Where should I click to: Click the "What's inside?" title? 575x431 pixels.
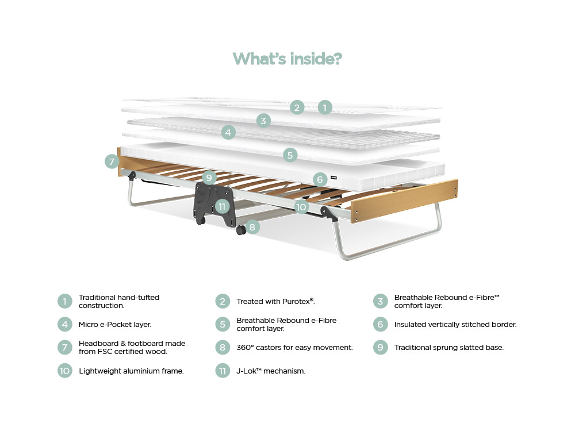(x=287, y=59)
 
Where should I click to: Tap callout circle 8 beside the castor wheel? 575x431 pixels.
(x=252, y=227)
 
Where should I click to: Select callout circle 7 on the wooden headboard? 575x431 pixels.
(x=112, y=161)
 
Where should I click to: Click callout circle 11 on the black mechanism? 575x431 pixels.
(x=223, y=205)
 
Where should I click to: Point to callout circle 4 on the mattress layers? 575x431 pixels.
(x=228, y=133)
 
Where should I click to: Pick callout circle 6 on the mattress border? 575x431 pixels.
(x=320, y=179)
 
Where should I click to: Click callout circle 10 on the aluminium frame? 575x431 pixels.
(x=301, y=207)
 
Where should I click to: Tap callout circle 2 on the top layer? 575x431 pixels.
(x=297, y=107)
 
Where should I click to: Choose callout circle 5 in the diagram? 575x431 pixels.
(x=290, y=155)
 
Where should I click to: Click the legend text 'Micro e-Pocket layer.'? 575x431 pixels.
(x=115, y=325)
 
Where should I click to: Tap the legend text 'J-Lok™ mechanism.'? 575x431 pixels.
(x=271, y=371)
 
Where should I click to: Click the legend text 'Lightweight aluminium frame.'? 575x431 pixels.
(x=131, y=371)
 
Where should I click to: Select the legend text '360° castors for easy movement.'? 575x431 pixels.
(x=294, y=348)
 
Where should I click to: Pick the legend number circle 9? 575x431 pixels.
(x=380, y=348)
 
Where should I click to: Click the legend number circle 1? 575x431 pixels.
(x=65, y=302)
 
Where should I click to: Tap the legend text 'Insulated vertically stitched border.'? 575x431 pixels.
(x=455, y=325)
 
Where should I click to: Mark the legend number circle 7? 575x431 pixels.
(x=65, y=348)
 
